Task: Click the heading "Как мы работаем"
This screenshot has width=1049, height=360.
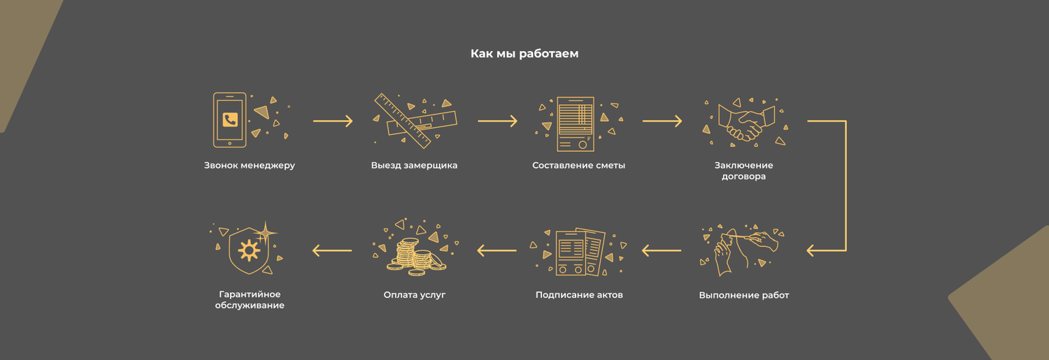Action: tap(524, 54)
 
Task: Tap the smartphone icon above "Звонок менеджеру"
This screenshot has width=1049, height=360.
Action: tap(230, 120)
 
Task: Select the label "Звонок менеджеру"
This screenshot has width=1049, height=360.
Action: tap(250, 166)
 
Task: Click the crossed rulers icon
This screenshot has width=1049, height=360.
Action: tap(415, 120)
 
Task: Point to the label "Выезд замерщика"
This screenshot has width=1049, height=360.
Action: tap(414, 166)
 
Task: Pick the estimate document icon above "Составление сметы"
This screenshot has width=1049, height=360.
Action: tap(575, 124)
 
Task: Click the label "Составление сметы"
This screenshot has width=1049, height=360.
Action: tap(578, 166)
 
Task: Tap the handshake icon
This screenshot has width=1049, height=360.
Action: tap(743, 122)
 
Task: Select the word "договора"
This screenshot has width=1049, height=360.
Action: tap(743, 177)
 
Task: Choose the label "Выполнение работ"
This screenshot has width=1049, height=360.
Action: tap(743, 295)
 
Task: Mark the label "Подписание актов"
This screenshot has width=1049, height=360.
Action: tap(579, 295)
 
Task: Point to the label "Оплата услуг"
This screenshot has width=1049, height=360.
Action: tap(414, 295)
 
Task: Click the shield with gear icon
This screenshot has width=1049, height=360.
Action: tap(249, 250)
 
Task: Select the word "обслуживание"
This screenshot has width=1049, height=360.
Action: tap(250, 306)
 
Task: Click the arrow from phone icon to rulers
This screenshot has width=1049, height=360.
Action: tap(333, 122)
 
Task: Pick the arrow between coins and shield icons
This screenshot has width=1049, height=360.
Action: tap(332, 250)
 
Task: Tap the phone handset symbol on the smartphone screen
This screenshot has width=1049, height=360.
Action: tap(230, 120)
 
